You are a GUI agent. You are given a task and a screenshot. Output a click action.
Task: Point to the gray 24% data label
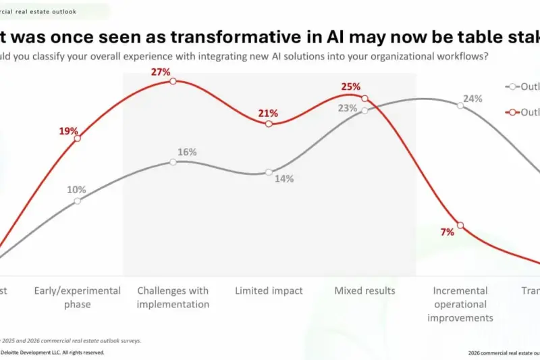[473, 99]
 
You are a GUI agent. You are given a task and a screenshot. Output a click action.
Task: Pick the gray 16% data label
[187, 152]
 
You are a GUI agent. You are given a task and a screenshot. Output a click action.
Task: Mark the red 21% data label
[269, 112]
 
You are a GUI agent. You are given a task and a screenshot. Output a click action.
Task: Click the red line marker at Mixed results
[365, 99]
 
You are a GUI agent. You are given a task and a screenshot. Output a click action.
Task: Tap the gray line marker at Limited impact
[269, 172]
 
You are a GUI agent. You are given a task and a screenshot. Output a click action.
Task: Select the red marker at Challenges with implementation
[173, 81]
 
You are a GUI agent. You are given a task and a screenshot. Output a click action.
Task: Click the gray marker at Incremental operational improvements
[460, 105]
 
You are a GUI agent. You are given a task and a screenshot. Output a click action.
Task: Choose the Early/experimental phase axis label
[77, 297]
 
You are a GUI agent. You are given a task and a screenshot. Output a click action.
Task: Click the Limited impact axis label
[269, 290]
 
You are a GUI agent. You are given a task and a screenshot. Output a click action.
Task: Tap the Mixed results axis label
[365, 290]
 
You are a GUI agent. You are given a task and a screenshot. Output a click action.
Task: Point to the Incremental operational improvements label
[460, 304]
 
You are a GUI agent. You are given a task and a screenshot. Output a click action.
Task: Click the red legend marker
[513, 112]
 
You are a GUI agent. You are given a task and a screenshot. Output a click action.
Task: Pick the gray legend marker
[513, 86]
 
